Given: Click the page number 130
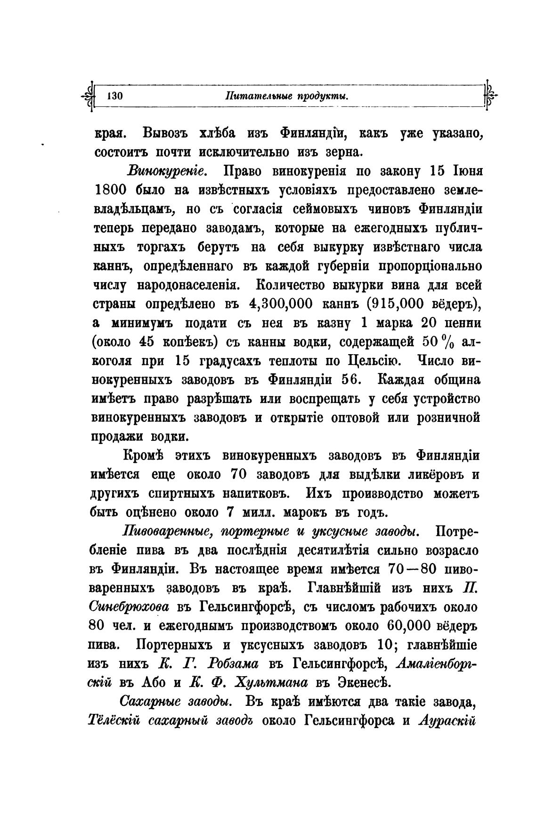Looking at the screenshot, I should pos(115,96).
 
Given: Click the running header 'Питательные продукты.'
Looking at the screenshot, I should pos(286,96).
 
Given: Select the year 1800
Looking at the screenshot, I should pos(111,190).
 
